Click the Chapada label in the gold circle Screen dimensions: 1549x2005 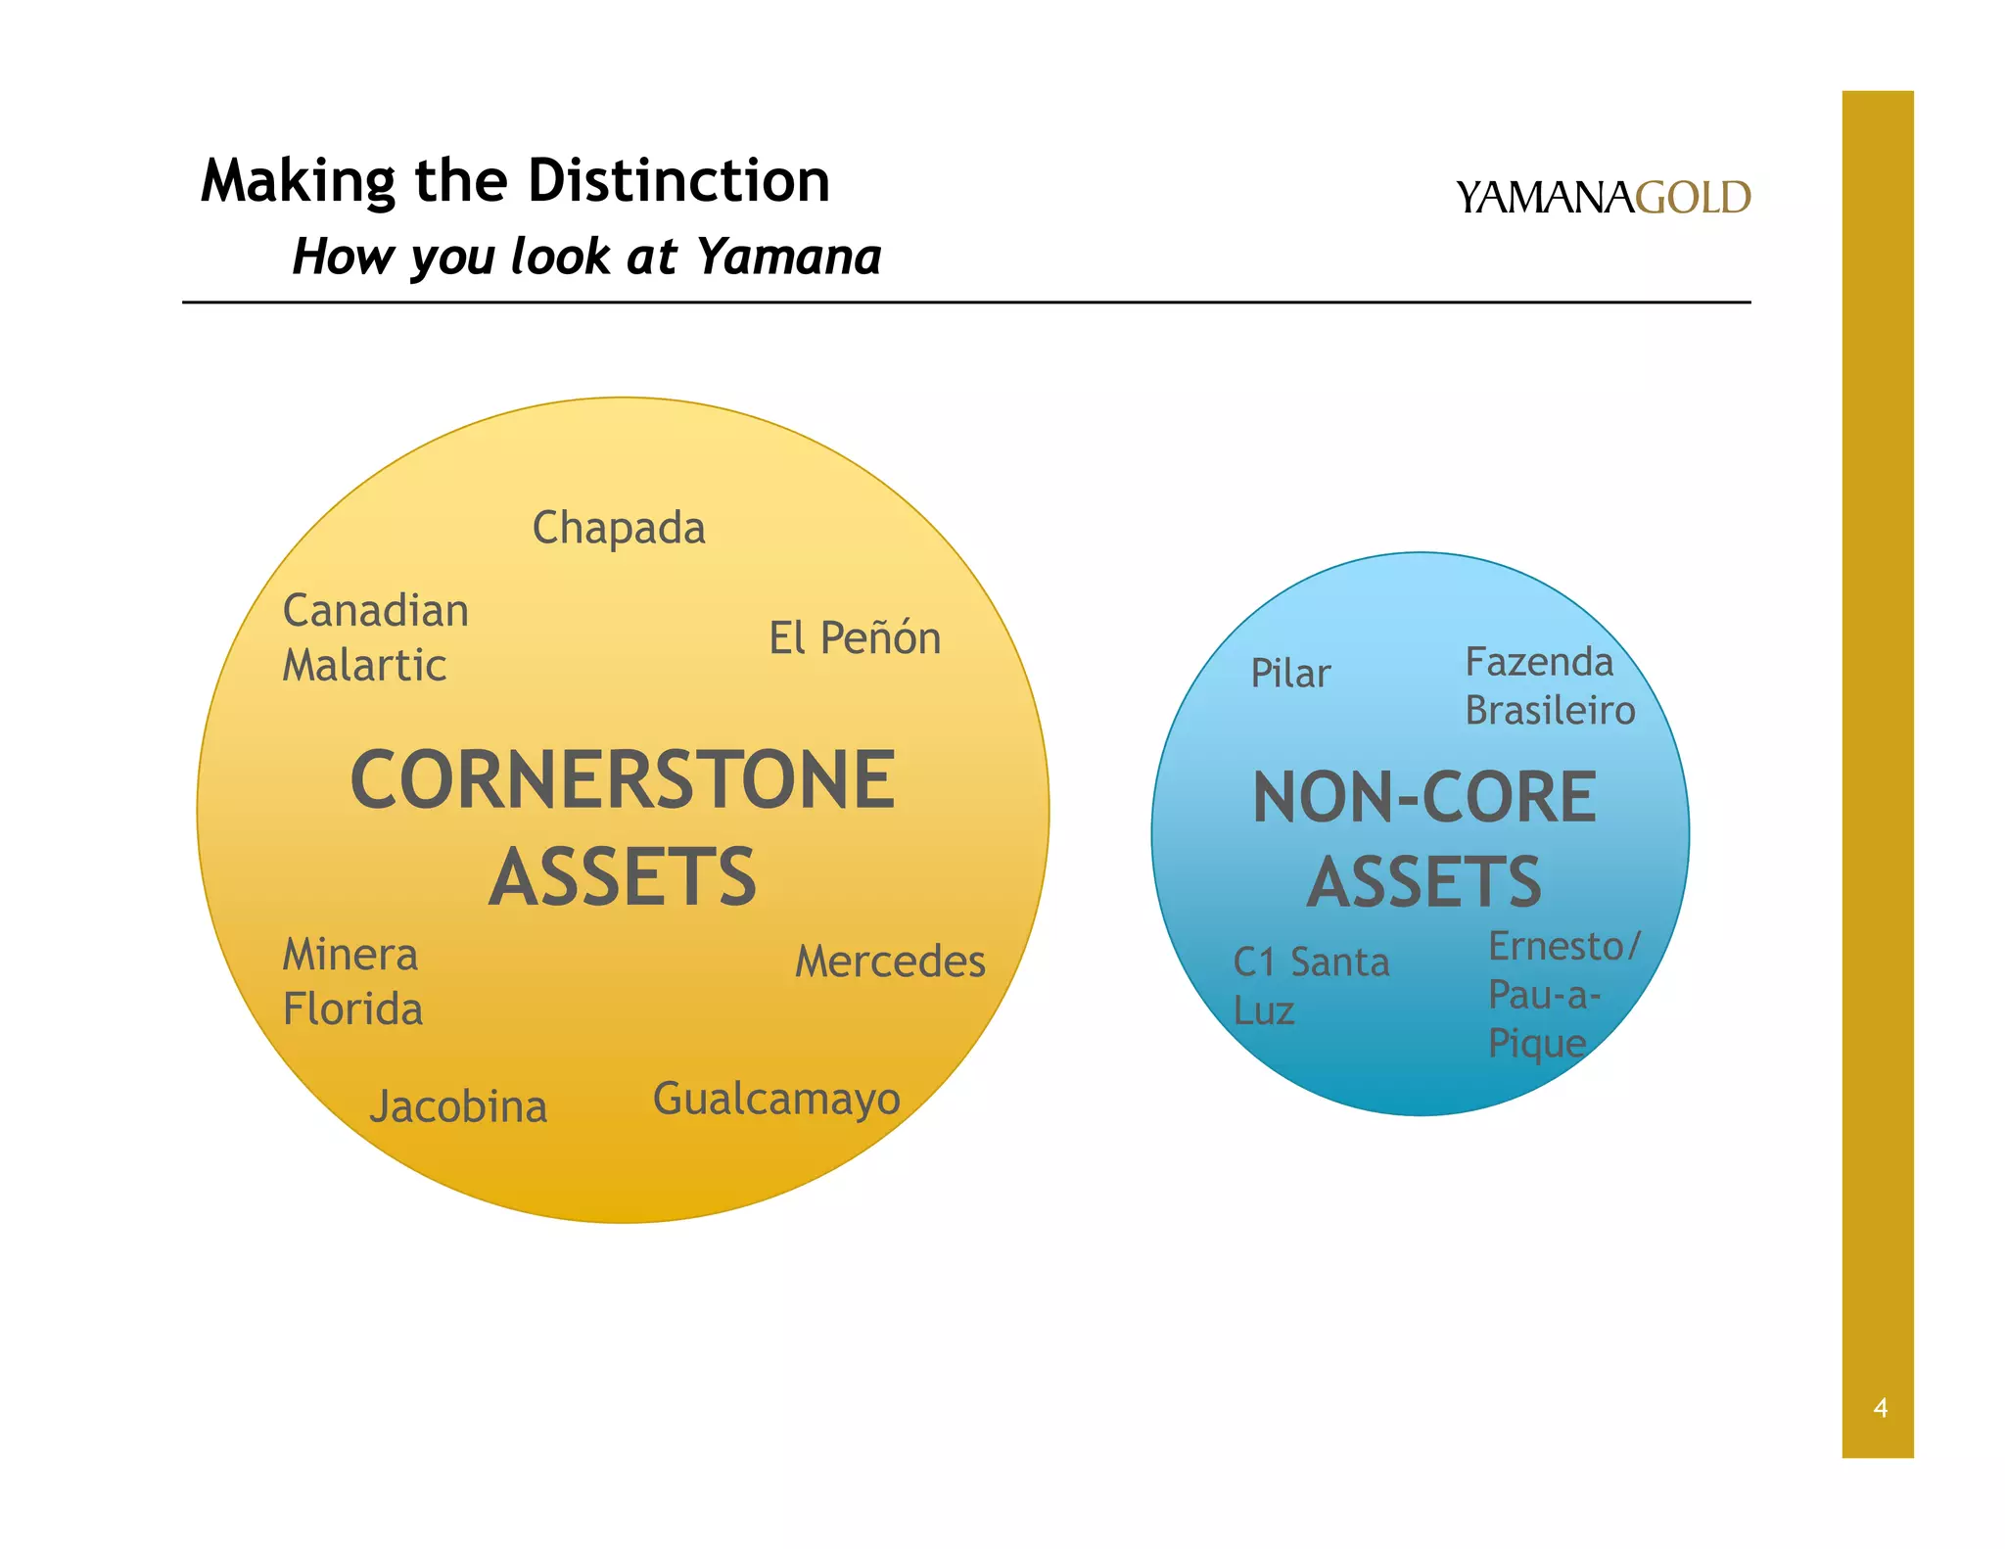coord(619,529)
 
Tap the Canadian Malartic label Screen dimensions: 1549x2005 coord(376,637)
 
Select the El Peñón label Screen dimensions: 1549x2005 coord(855,638)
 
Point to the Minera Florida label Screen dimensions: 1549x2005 coord(352,982)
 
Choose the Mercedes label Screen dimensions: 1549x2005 coord(890,962)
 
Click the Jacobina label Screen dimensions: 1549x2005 coord(458,1107)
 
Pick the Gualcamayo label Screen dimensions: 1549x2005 coord(776,1100)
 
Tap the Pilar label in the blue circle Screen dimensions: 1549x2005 coord(1290,674)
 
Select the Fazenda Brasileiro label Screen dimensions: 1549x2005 coord(1550,686)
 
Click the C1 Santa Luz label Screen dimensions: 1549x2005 coord(1311,986)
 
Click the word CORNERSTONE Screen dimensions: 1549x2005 coord(623,780)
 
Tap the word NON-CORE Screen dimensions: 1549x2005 coord(1424,797)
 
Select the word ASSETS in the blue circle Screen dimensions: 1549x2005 coord(1424,882)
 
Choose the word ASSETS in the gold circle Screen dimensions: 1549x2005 coord(623,877)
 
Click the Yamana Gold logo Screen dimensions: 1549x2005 coord(1603,198)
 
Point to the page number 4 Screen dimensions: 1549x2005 coord(1880,1408)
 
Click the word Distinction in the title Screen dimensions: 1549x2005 coord(678,181)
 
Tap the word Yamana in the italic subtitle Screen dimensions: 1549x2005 coord(789,257)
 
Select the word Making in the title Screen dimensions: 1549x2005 coord(298,181)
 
